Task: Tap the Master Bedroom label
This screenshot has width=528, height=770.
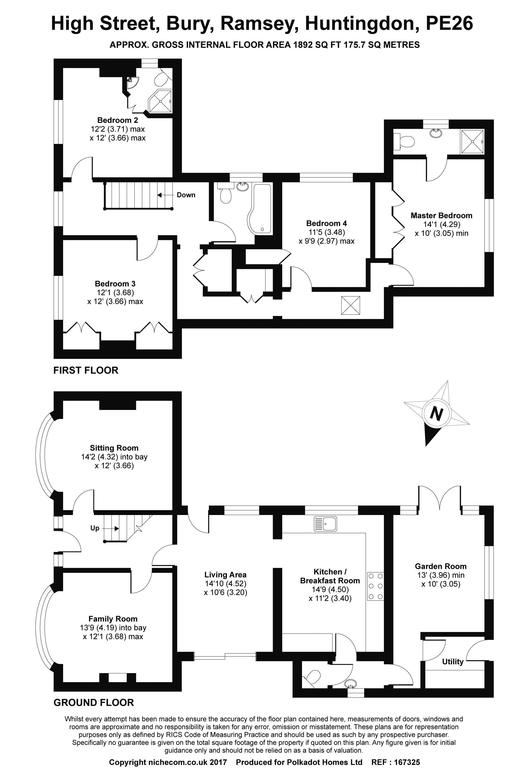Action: (x=441, y=215)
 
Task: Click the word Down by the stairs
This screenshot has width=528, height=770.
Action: (x=186, y=195)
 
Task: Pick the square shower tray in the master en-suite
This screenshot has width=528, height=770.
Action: (x=472, y=141)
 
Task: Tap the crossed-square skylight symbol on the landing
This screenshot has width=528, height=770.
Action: (x=350, y=305)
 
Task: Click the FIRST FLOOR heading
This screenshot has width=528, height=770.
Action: (x=86, y=370)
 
